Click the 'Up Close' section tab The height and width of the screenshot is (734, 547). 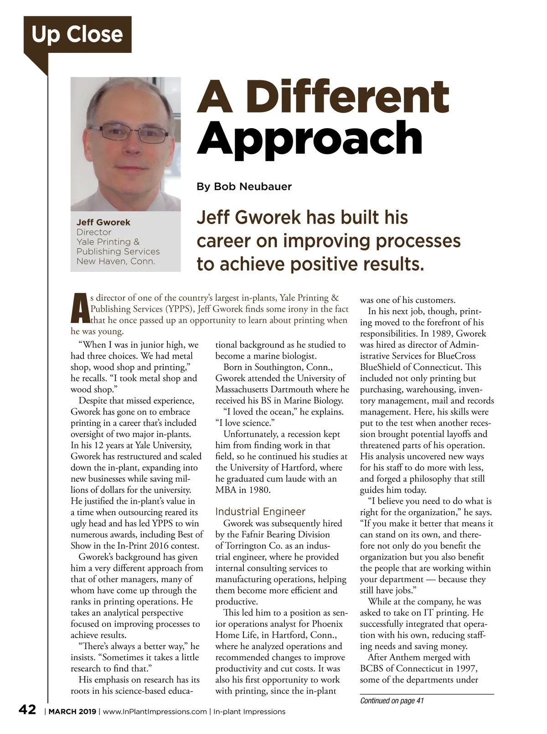[77, 35]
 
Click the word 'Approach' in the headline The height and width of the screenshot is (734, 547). [310, 138]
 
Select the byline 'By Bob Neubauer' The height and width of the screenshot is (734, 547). [244, 187]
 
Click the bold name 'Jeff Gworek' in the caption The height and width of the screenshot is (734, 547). [103, 222]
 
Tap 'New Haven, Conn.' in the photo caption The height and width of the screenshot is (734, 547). [116, 261]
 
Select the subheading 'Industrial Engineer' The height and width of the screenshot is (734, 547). [260, 512]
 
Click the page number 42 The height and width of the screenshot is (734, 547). [27, 710]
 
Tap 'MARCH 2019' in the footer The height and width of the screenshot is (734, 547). [72, 712]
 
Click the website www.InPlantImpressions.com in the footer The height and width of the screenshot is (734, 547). [155, 712]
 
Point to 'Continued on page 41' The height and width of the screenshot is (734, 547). [392, 701]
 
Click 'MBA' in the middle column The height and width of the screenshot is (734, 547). [226, 490]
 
